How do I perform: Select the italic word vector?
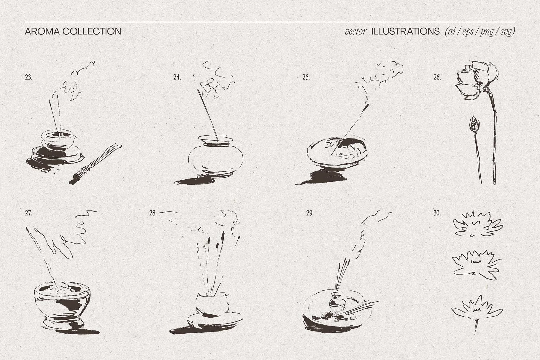pos(355,31)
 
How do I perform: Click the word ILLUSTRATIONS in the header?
pos(405,31)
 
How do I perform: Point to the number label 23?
pos(29,77)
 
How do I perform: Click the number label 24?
pos(177,77)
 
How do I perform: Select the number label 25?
pos(306,77)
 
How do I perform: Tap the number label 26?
pos(437,77)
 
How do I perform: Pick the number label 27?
pos(29,213)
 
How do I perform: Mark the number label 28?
pos(153,213)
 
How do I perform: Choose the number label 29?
pos(310,213)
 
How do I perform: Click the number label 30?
pos(437,213)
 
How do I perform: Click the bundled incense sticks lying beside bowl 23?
pos(96,163)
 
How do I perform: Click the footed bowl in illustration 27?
pos(62,305)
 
